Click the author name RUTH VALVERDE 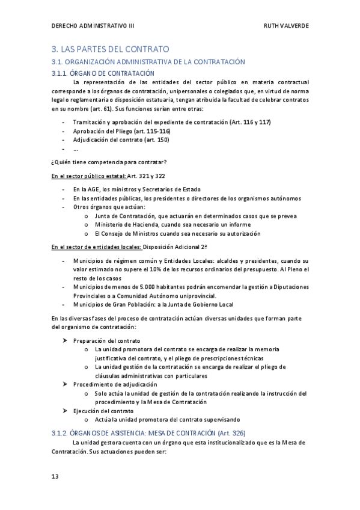point(286,26)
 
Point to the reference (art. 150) point(156,140)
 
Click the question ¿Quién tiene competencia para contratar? point(109,162)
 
